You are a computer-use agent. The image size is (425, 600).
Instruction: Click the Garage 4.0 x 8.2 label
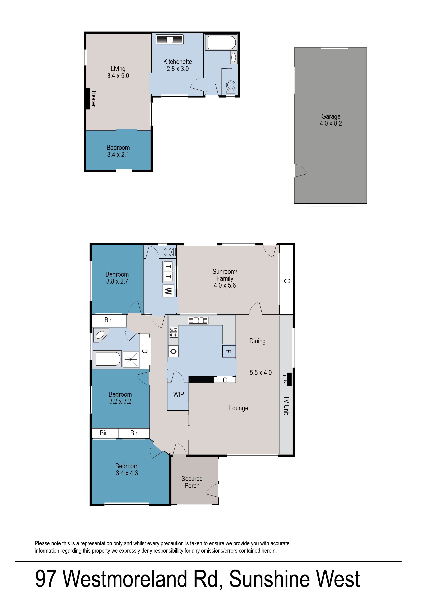(331, 120)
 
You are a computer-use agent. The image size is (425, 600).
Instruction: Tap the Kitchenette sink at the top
(170, 40)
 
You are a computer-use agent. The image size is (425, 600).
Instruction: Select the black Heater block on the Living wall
(88, 99)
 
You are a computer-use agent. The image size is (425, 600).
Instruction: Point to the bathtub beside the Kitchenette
(221, 43)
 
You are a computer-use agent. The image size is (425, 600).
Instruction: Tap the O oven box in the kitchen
(173, 351)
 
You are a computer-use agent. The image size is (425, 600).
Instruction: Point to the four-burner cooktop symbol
(173, 332)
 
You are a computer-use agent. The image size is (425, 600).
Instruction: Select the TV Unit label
(287, 405)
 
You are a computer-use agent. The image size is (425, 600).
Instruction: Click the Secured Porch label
(192, 482)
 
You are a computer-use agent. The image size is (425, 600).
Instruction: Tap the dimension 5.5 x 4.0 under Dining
(260, 373)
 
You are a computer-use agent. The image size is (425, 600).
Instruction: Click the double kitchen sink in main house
(198, 320)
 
